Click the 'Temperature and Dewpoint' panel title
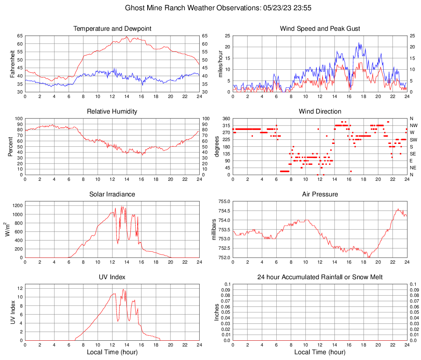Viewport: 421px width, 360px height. (x=112, y=29)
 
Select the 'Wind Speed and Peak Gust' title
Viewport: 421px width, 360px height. (x=320, y=29)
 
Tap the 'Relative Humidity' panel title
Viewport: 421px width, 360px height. (x=112, y=112)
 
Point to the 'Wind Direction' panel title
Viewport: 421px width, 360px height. (x=320, y=112)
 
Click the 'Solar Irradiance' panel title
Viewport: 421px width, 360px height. (x=112, y=194)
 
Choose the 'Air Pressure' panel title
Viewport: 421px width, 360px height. (x=320, y=194)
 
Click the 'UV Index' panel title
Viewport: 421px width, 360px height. (x=112, y=277)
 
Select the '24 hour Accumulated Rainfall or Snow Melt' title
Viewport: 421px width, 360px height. (x=320, y=277)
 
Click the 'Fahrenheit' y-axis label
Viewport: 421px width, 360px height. (x=12, y=64)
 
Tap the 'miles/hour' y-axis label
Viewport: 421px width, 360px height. (x=220, y=64)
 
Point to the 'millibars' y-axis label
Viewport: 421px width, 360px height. (x=214, y=229)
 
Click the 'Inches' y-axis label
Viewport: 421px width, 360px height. (x=217, y=312)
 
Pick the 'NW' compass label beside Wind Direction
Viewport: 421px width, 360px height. (x=414, y=125)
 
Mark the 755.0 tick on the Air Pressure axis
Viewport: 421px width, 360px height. (x=223, y=201)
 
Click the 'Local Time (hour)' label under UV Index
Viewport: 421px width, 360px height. (x=112, y=352)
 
